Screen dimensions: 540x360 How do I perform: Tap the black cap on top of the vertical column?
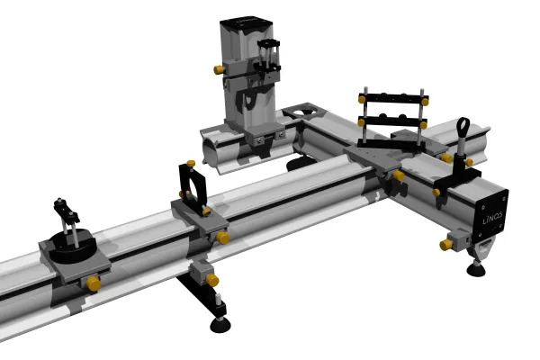click(x=246, y=23)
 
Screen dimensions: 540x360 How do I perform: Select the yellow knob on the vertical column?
click(x=219, y=69)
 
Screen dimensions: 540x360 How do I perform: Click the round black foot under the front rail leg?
click(x=220, y=325)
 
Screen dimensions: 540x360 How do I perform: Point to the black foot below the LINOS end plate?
click(x=476, y=269)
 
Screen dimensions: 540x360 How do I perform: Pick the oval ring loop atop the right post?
click(x=463, y=128)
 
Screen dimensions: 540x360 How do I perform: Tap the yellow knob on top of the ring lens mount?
click(x=191, y=163)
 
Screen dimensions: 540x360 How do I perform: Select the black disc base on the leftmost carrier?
click(x=71, y=245)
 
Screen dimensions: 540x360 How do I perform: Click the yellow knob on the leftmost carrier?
click(x=94, y=283)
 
